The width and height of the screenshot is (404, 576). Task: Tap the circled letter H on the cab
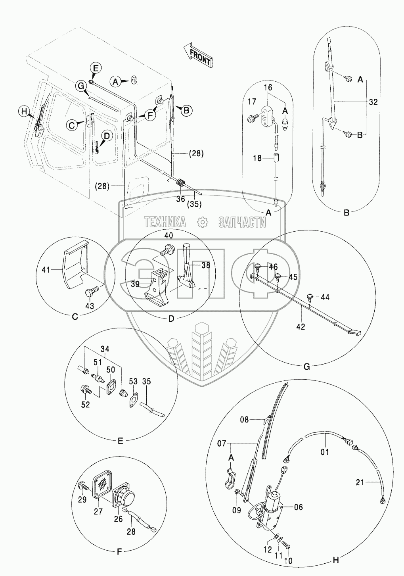24,111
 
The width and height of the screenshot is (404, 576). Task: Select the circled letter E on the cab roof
96,68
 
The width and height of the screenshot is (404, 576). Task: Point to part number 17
252,102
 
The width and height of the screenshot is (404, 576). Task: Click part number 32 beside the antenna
373,102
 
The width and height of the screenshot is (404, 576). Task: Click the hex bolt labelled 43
91,289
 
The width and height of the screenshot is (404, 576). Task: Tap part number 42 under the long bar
301,326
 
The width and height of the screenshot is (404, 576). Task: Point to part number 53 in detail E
134,381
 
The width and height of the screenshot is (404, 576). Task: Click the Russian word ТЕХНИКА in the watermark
165,222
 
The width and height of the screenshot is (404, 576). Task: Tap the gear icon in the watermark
203,222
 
